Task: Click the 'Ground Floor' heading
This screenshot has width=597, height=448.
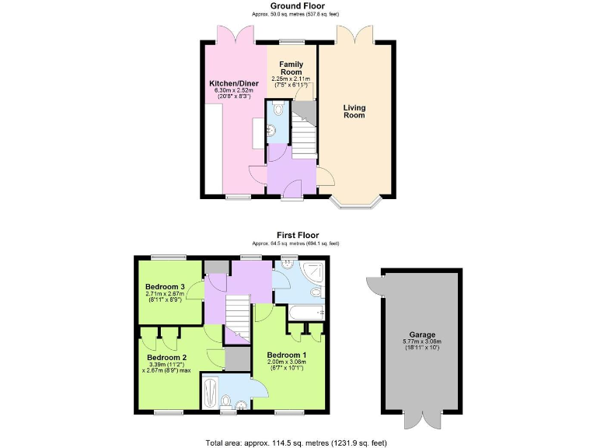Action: (298, 5)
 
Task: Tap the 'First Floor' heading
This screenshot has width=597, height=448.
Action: (298, 235)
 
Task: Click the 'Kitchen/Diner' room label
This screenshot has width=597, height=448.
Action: (233, 83)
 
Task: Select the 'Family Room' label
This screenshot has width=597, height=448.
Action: (292, 68)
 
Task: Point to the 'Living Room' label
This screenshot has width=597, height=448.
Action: (354, 112)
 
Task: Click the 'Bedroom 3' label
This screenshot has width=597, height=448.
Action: (164, 286)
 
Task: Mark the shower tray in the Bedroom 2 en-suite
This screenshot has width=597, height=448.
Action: (211, 392)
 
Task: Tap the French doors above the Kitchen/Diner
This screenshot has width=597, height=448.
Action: (236, 34)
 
